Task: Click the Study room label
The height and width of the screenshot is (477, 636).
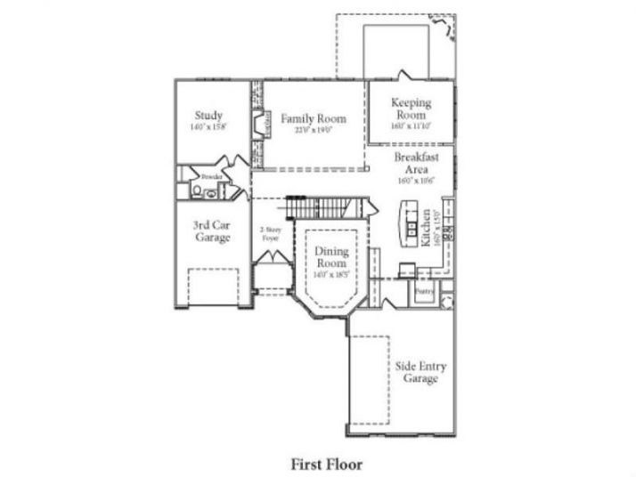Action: pos(208,116)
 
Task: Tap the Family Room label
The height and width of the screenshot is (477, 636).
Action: pos(314,118)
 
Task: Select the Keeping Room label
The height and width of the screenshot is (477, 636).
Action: pos(411,109)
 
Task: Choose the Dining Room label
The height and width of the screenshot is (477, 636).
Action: pos(331,257)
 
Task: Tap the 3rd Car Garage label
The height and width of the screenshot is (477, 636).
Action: pos(213,231)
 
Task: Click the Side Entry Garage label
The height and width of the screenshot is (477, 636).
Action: pos(415,372)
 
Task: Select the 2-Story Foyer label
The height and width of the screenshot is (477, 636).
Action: pos(270,234)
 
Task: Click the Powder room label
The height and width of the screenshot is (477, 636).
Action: pos(210,177)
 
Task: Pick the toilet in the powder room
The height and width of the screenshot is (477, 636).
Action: pos(197,190)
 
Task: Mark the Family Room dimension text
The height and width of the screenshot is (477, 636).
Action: pos(314,130)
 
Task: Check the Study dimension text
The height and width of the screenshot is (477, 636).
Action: pos(209,127)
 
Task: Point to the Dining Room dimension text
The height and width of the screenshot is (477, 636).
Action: pos(331,274)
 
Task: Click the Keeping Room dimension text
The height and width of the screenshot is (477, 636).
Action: pos(411,126)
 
